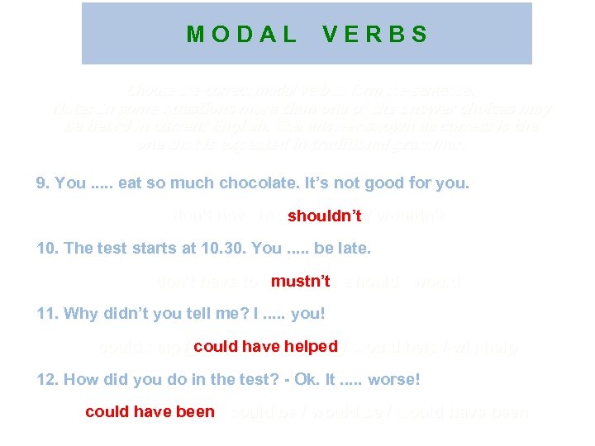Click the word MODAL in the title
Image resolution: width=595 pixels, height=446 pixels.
point(241,35)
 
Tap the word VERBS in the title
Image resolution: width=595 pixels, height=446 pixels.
point(376,35)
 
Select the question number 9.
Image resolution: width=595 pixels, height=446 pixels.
point(43,183)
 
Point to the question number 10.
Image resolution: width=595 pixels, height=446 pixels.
point(47,248)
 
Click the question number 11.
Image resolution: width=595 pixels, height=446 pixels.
point(47,313)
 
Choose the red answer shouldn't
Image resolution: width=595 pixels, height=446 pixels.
point(325,216)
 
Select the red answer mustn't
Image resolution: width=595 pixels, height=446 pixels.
point(301,282)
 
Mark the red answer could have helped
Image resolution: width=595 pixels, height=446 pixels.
point(265,347)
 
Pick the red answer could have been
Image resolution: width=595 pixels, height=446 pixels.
point(150,411)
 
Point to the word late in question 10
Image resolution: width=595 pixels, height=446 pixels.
point(355,248)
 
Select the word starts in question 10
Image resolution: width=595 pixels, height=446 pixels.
point(153,248)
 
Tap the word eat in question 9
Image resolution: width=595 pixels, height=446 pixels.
point(130,183)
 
